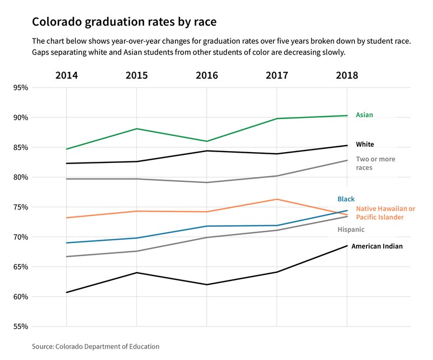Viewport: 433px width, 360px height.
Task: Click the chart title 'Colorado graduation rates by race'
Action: (124, 22)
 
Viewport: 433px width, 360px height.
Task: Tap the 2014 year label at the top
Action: (67, 75)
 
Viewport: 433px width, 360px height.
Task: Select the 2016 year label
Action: (206, 75)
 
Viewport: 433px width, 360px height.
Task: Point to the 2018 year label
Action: (346, 75)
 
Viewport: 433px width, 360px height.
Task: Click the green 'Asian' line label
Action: (364, 115)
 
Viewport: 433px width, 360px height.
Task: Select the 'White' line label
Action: (365, 145)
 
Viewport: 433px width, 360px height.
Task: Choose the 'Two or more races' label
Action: (375, 163)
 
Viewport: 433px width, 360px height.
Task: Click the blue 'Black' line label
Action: (346, 199)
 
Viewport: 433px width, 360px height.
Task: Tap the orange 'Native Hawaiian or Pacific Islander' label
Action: (385, 213)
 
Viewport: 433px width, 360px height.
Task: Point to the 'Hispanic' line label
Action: (351, 230)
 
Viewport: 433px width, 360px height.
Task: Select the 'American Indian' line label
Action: (377, 246)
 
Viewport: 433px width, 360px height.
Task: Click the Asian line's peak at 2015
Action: (136, 129)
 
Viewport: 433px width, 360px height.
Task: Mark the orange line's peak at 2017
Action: (277, 199)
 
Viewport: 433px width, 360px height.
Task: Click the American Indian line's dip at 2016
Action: (206, 284)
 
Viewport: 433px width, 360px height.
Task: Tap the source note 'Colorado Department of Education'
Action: (96, 346)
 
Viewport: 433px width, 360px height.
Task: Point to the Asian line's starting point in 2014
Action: (67, 149)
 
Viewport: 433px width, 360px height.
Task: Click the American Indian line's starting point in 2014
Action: (67, 292)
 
